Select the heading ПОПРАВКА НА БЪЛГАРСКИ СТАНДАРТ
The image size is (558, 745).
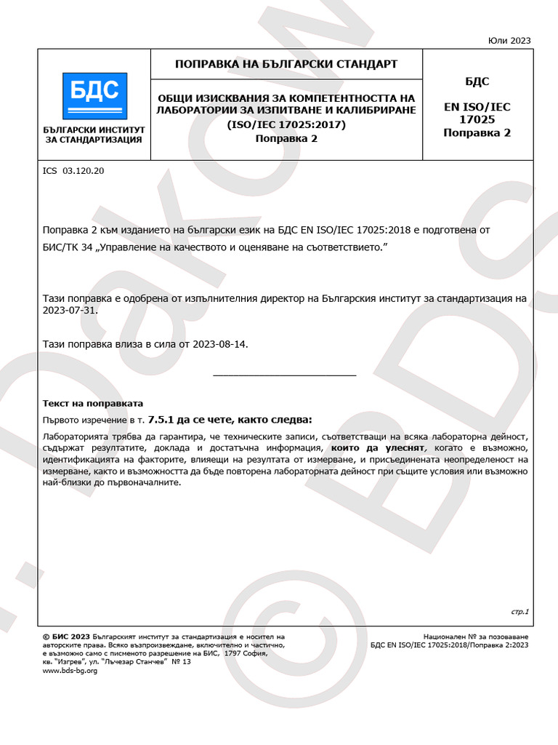tap(286, 64)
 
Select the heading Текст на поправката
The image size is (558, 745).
tap(94, 403)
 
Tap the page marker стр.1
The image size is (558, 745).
tap(520, 611)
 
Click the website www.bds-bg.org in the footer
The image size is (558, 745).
tap(70, 671)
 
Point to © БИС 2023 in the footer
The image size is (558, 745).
tap(67, 636)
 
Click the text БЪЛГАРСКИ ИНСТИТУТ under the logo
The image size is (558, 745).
tap(94, 130)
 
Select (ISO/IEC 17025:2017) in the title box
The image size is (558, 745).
tap(286, 124)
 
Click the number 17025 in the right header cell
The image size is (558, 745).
tap(477, 119)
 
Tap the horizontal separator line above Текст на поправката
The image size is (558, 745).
tap(285, 375)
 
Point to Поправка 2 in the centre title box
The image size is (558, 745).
tap(286, 138)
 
